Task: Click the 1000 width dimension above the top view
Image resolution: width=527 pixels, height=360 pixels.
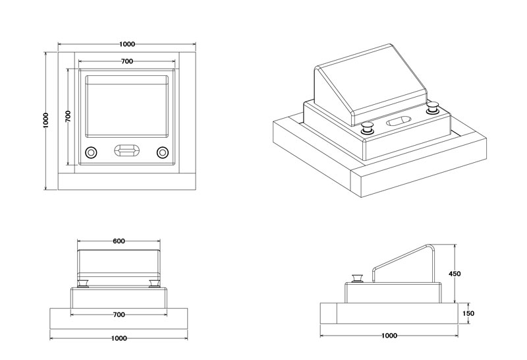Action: (128, 44)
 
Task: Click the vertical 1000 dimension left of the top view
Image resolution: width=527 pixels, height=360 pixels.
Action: (45, 120)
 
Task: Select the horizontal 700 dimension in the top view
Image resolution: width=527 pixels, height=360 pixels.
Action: (128, 61)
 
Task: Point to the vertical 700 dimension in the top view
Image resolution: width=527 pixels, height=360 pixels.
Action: (68, 116)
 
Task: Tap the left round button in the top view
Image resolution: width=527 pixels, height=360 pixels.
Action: (92, 152)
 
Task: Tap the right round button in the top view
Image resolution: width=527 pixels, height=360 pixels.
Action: (162, 152)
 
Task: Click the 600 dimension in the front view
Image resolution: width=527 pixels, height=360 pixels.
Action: (119, 241)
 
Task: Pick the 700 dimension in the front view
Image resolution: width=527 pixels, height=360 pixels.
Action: (119, 315)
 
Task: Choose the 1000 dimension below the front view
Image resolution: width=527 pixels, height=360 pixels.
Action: (119, 338)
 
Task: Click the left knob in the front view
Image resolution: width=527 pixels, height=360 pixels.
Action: (84, 284)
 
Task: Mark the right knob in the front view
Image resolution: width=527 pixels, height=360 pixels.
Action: (153, 284)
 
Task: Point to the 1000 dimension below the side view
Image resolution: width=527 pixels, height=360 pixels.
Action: (389, 335)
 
